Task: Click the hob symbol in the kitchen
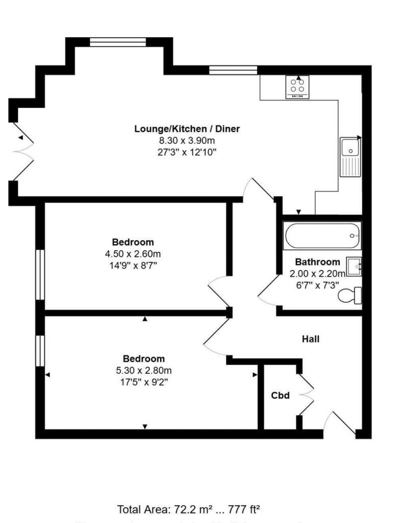[298, 87]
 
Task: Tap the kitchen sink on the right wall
[350, 157]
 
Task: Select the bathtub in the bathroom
[322, 235]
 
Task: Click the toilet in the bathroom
[351, 296]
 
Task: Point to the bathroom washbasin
[353, 267]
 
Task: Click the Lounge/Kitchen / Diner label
[187, 128]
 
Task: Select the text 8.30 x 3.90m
[187, 140]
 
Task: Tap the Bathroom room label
[317, 261]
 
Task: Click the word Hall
[311, 339]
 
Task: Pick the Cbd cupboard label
[280, 395]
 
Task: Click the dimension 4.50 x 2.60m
[133, 254]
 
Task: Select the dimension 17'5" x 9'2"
[144, 382]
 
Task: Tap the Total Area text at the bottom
[189, 509]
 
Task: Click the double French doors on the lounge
[23, 151]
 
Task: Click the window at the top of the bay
[119, 42]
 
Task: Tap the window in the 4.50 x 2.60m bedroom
[40, 274]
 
